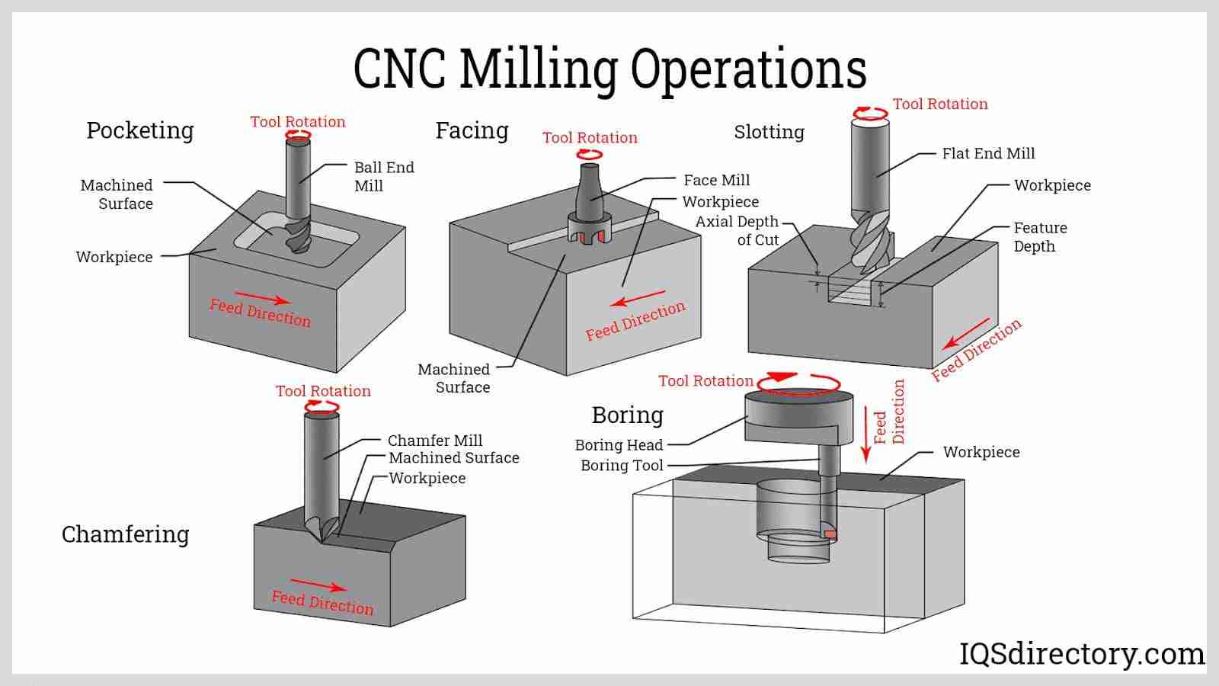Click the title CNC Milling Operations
[609, 69]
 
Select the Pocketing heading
[140, 130]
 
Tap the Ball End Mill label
[383, 176]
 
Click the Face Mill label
[716, 181]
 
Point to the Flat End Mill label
[988, 154]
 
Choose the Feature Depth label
[1039, 237]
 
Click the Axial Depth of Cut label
[737, 230]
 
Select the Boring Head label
[619, 445]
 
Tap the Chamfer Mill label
[434, 441]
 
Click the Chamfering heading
[126, 534]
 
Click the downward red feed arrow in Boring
[865, 434]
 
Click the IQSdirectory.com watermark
[1081, 654]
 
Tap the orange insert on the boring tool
[830, 535]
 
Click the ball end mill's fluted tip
[296, 237]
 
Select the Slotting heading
[769, 132]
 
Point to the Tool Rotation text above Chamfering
[323, 391]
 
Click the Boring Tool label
[622, 466]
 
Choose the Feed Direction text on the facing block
[635, 321]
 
